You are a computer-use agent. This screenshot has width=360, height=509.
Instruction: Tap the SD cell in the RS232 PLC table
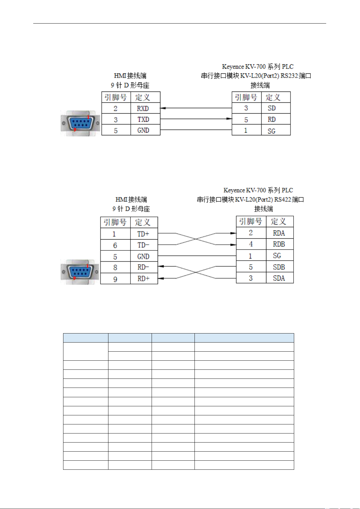(276, 108)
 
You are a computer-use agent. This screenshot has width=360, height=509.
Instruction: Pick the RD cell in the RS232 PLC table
(276, 119)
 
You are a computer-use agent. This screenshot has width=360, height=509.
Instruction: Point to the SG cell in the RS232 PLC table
(276, 130)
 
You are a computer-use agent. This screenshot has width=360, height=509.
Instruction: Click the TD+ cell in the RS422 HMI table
(144, 234)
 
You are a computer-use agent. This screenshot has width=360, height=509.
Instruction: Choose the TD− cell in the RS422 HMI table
(144, 245)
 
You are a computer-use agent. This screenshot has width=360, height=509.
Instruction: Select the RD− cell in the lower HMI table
(144, 267)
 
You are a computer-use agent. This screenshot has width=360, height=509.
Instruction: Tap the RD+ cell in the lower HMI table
(144, 278)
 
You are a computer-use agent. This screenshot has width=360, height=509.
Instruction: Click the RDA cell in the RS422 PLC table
(280, 233)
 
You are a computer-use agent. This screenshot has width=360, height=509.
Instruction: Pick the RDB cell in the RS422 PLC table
(280, 244)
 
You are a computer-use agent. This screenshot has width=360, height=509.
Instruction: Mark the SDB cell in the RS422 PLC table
(280, 266)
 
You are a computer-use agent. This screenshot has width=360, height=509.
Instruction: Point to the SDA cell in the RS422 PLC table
(280, 278)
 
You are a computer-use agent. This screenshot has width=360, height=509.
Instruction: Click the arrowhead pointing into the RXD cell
(163, 108)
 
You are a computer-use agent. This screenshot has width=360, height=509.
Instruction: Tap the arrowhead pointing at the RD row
(229, 119)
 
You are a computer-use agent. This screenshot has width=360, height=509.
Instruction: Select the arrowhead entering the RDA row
(233, 233)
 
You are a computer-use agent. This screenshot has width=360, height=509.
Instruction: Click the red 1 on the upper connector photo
(88, 117)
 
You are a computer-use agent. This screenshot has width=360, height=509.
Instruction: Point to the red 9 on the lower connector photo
(74, 278)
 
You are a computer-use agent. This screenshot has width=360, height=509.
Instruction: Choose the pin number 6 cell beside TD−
(115, 245)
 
